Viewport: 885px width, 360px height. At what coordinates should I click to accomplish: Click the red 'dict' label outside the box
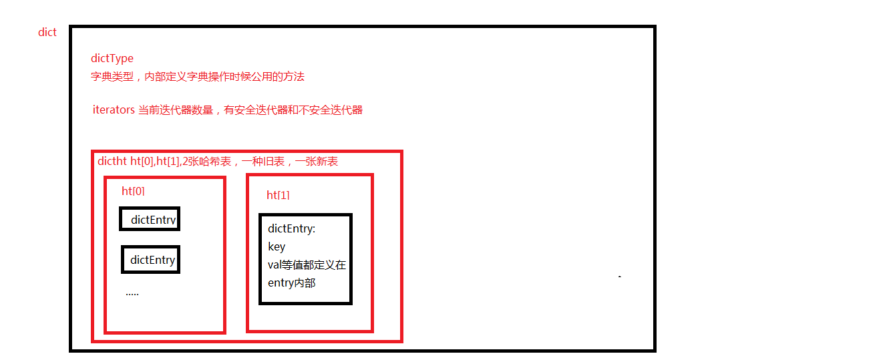pos(47,32)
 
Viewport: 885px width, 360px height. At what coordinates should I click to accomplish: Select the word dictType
pos(112,59)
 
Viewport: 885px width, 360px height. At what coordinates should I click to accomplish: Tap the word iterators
pos(114,110)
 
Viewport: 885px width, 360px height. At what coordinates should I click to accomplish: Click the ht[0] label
pos(133,191)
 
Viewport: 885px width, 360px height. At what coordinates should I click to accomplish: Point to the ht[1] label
pos(278,195)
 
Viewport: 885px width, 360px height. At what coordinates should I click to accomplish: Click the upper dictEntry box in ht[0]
pos(150,219)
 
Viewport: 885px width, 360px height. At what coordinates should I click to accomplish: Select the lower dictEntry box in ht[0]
pos(150,260)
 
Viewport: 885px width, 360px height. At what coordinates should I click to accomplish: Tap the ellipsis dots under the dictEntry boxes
pos(132,294)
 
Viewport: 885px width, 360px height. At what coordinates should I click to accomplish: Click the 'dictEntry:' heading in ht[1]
pos(292,228)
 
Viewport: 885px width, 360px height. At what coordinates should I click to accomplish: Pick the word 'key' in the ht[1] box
pos(277,247)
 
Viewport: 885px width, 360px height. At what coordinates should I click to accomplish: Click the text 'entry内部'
pos(292,283)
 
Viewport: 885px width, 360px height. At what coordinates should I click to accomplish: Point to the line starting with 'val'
pos(307,264)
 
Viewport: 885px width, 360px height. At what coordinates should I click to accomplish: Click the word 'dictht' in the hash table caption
pos(112,161)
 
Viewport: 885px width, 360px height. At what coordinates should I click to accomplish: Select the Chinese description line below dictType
pos(198,77)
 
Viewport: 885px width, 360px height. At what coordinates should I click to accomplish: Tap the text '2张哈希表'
pos(206,161)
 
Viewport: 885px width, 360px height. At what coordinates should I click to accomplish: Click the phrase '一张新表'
pos(317,161)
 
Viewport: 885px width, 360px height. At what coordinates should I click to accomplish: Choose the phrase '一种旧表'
pos(263,161)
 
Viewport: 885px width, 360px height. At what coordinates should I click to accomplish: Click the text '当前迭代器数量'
pos(176,110)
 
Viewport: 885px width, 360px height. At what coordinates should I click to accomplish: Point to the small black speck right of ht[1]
pos(620,277)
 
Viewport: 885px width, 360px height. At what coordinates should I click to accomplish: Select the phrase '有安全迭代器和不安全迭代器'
pos(293,110)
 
